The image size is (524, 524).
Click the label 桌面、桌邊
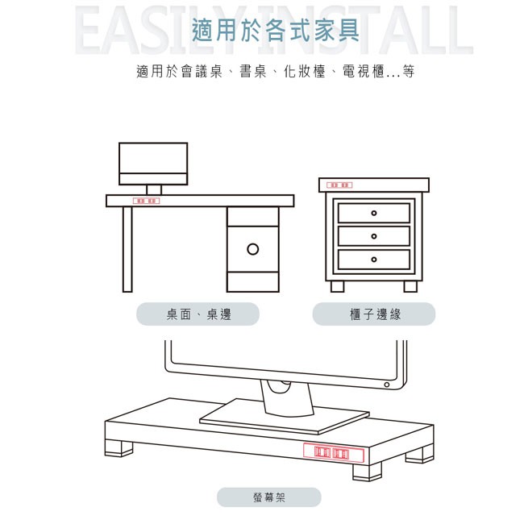coord(198,314)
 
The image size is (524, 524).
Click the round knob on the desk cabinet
coord(252,248)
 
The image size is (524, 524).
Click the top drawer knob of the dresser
coord(373,214)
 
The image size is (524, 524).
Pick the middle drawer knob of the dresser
coord(373,236)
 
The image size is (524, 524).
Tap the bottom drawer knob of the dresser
coord(373,260)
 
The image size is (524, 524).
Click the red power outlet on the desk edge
coord(147,201)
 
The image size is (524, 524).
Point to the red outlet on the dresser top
coord(340,185)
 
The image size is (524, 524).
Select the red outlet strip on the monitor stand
coord(333,455)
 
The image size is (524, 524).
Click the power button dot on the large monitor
coord(386,385)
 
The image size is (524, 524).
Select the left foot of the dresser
coord(337,286)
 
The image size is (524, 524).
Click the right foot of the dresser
coord(410,286)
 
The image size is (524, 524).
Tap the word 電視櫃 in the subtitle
coord(363,72)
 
